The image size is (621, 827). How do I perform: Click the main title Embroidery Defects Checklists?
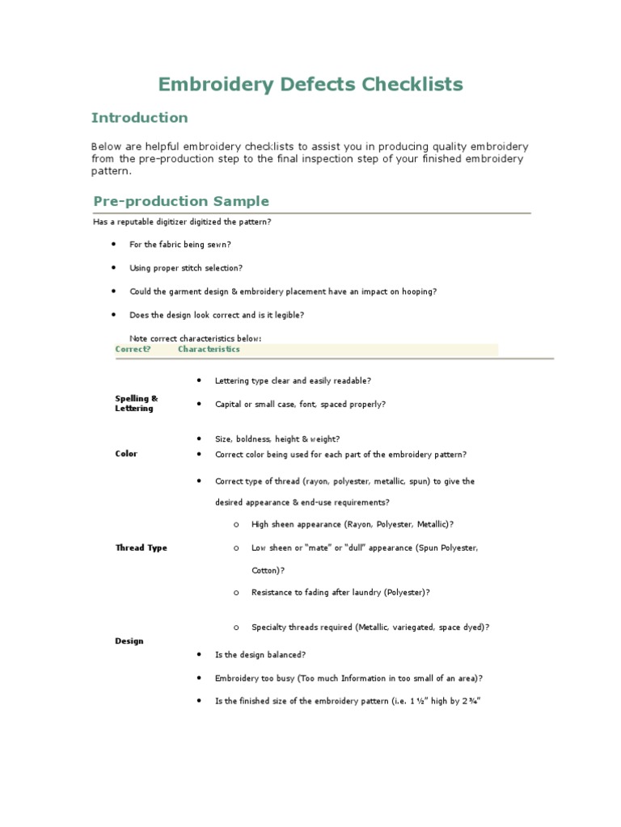[x=310, y=84]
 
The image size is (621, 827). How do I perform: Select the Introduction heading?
[x=139, y=118]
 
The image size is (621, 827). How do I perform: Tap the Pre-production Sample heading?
[x=181, y=201]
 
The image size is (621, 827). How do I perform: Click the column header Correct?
[x=133, y=350]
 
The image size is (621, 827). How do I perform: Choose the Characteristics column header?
[x=209, y=350]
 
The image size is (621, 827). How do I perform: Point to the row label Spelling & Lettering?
[x=136, y=404]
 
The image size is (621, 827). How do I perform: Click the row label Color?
[x=126, y=454]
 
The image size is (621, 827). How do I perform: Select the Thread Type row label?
[x=141, y=548]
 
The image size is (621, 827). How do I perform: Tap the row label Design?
[x=129, y=641]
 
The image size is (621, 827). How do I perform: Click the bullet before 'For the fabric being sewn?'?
[x=112, y=244]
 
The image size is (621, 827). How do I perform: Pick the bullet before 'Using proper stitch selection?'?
[x=112, y=267]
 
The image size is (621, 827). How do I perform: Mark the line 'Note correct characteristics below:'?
[x=195, y=338]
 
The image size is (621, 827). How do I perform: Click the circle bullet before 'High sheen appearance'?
[x=235, y=524]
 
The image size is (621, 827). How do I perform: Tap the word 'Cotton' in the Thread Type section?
[x=265, y=570]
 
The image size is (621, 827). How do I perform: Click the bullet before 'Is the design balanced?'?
[x=198, y=655]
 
